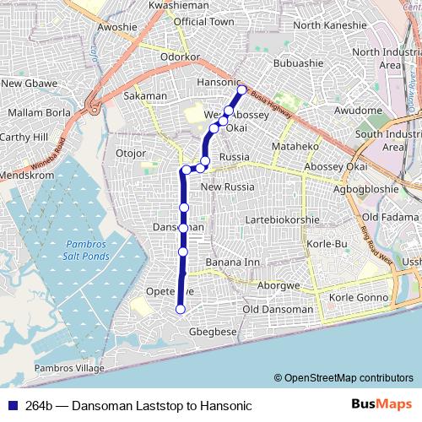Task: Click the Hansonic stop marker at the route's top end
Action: pyautogui.click(x=241, y=89)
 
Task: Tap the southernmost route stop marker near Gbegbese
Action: pyautogui.click(x=180, y=310)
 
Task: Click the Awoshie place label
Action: pyautogui.click(x=117, y=26)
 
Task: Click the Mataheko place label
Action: pyautogui.click(x=294, y=147)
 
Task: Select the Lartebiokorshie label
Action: pyautogui.click(x=281, y=220)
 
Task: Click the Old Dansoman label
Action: pyautogui.click(x=277, y=310)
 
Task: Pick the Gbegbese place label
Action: pyautogui.click(x=214, y=332)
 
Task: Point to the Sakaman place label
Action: pyautogui.click(x=145, y=97)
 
